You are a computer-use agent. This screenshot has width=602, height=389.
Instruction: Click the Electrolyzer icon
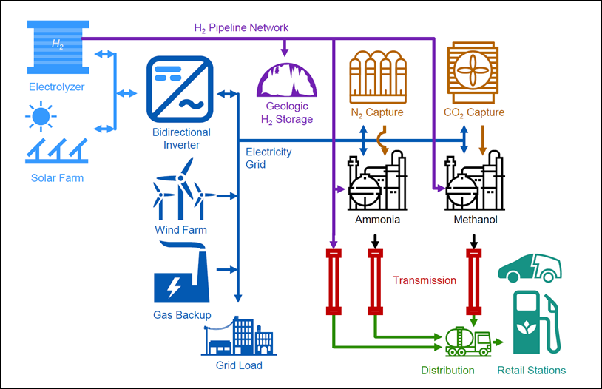[x=58, y=47]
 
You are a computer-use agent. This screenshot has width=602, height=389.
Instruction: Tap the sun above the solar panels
[x=41, y=116]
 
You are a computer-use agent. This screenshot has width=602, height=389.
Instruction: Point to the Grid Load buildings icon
[x=239, y=336]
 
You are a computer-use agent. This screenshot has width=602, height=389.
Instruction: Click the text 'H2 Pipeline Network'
[x=241, y=28]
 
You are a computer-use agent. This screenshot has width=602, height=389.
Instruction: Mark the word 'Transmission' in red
[x=425, y=280]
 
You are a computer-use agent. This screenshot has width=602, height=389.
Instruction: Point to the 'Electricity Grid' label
[x=268, y=158]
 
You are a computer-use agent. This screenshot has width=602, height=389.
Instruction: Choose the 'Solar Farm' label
[x=57, y=178]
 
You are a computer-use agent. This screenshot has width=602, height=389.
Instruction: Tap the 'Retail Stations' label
[x=531, y=371]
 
